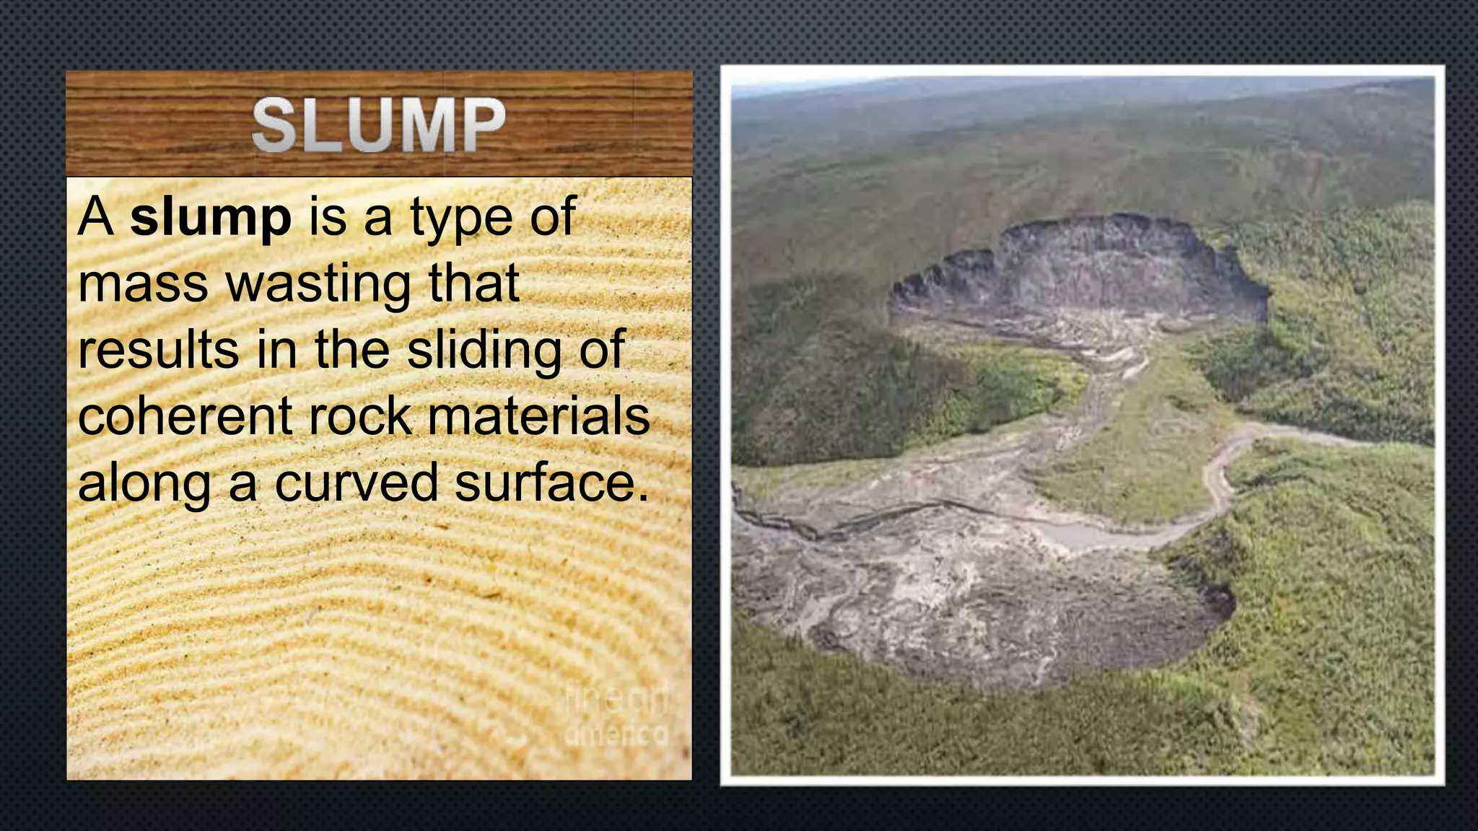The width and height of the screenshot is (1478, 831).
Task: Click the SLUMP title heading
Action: tap(379, 126)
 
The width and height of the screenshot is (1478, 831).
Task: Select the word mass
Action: tap(144, 283)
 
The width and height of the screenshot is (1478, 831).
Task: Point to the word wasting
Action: tap(320, 285)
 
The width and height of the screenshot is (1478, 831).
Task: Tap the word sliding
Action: tap(484, 351)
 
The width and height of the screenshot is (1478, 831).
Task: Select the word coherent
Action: tap(185, 416)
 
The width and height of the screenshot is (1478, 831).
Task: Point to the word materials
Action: tap(538, 416)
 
